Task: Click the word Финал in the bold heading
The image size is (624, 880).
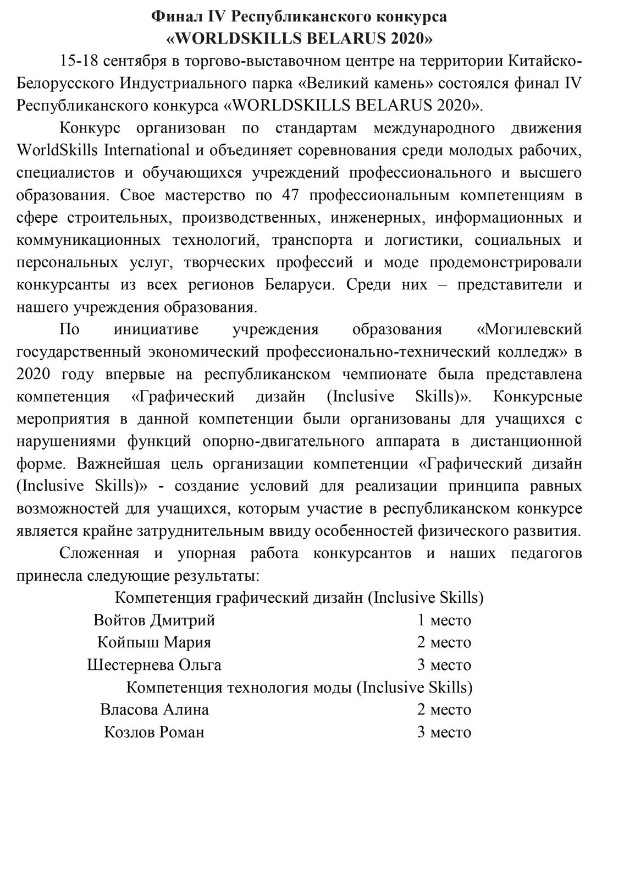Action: point(172,17)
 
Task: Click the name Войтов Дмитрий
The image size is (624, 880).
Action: point(154,620)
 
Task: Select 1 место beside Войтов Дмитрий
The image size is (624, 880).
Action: point(444,620)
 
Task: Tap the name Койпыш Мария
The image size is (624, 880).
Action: point(154,642)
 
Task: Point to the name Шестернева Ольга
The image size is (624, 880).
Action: point(154,665)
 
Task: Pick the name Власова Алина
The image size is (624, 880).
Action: point(154,710)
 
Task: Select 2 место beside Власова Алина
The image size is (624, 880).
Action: point(444,710)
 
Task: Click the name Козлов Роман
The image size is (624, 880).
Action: point(154,733)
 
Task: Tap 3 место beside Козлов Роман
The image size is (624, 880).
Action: point(444,733)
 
